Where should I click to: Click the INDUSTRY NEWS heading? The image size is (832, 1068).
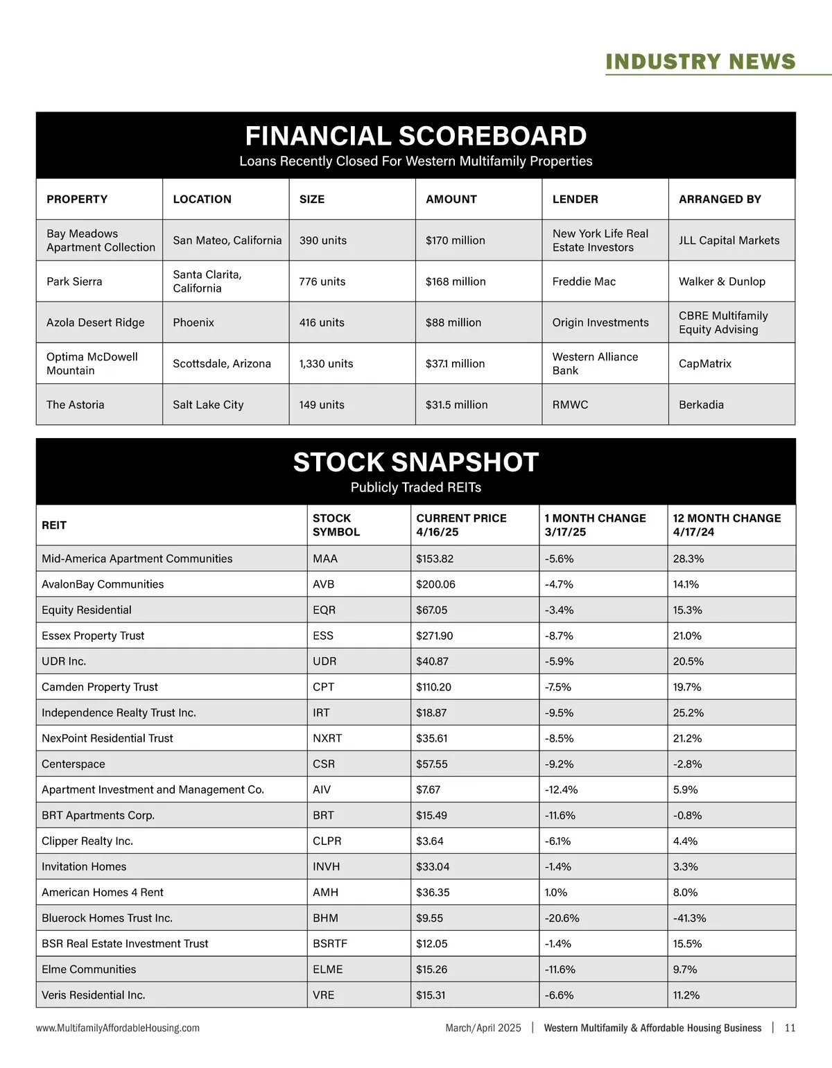[700, 62]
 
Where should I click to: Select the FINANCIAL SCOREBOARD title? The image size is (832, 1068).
[416, 136]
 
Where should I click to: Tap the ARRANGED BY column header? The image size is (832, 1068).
[720, 200]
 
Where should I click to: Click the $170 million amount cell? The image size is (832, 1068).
[456, 240]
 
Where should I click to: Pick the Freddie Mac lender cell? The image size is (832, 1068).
[584, 281]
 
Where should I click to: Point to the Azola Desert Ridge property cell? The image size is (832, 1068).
[96, 322]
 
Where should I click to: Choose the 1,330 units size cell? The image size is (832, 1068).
[326, 364]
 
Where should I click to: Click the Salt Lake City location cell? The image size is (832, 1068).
[208, 405]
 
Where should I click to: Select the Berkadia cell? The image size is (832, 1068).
[701, 405]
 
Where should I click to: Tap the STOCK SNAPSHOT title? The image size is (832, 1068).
[416, 462]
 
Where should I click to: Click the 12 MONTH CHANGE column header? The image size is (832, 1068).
[727, 525]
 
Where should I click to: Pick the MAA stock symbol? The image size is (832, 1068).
[325, 559]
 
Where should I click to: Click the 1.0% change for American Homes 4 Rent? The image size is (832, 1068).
[556, 893]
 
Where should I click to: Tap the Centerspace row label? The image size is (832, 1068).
[73, 764]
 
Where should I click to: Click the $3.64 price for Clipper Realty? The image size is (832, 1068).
[430, 841]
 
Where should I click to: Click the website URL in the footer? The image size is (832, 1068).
[118, 1028]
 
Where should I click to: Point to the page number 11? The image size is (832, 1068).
[790, 1028]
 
